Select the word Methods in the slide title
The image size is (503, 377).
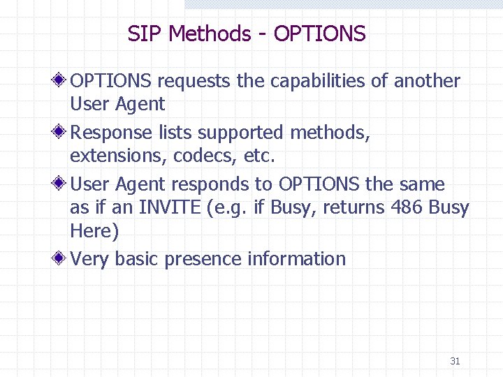pos(210,34)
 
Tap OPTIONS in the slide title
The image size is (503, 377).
pos(319,34)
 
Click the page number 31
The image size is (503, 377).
pos(455,361)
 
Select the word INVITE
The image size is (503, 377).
pos(169,208)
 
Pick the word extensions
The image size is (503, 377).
pos(117,156)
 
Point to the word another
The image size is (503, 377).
pos(427,82)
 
